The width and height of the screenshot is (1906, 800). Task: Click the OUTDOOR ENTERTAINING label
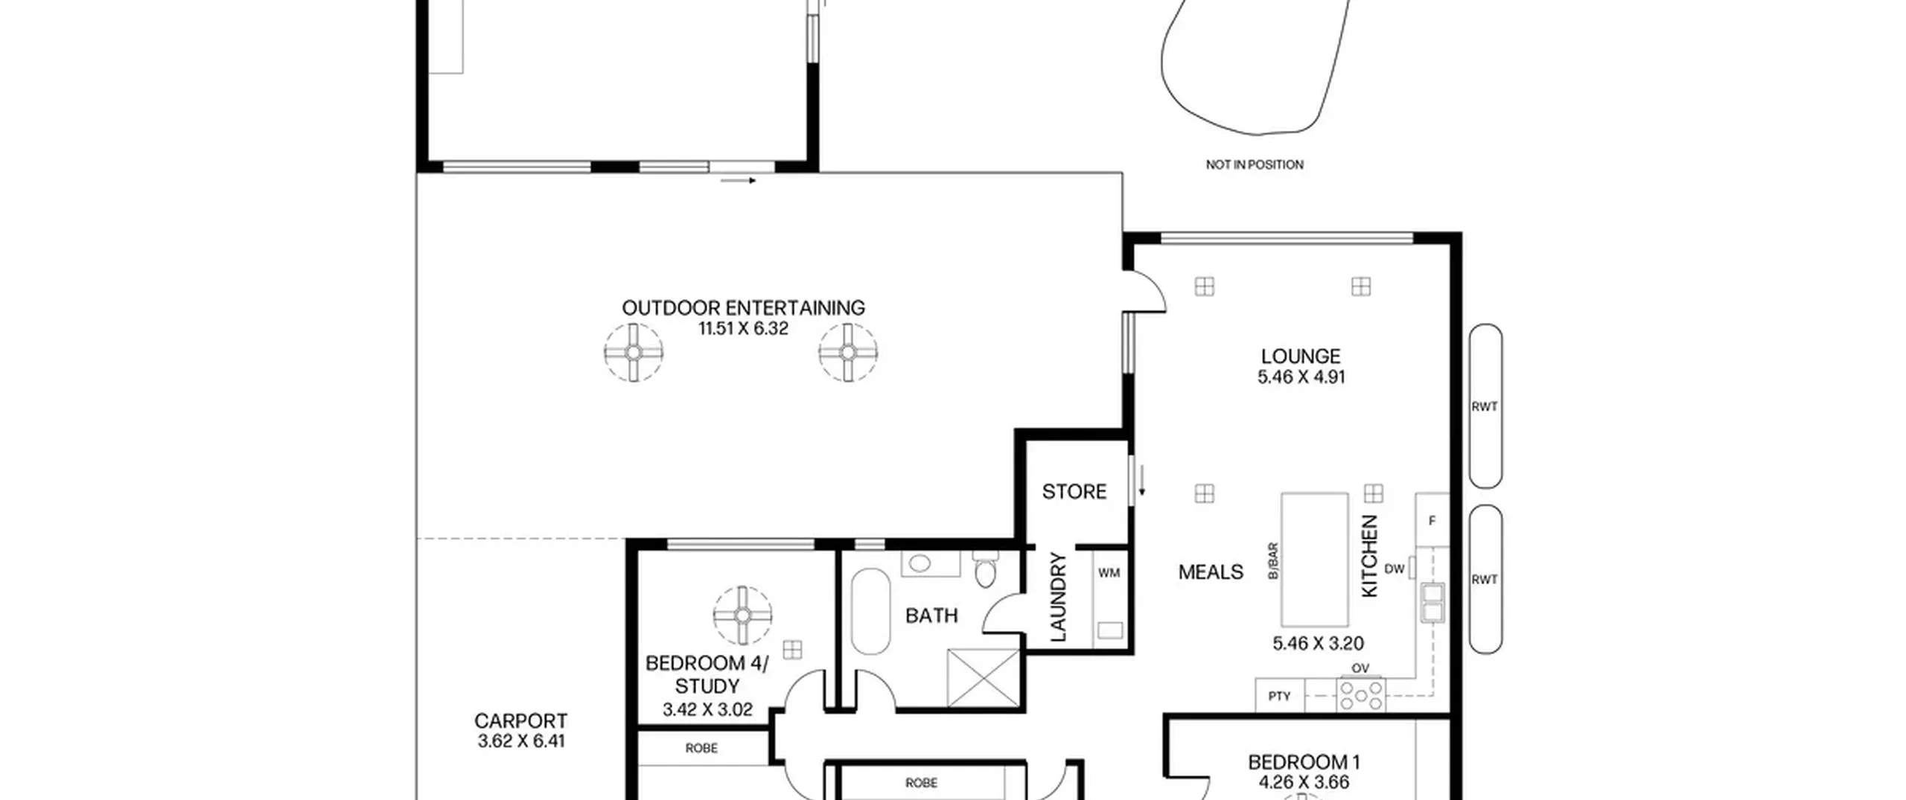[743, 307]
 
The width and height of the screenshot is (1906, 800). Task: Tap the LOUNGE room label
[1301, 356]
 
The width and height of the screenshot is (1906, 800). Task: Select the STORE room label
[1074, 491]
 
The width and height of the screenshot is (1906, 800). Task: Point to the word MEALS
[1211, 572]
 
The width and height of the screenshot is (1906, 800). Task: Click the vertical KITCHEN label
[1370, 556]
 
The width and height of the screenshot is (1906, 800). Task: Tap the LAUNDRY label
[1058, 597]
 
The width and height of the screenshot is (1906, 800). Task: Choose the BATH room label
[931, 615]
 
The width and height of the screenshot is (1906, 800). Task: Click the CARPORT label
[520, 720]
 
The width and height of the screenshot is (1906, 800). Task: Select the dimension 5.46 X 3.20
[1318, 643]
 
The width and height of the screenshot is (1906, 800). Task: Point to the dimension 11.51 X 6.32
[743, 329]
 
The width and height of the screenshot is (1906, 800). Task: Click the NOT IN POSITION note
[1255, 164]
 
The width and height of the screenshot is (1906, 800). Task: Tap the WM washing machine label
[1109, 573]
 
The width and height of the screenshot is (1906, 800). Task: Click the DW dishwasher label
[1395, 569]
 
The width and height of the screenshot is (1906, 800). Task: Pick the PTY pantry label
[1279, 697]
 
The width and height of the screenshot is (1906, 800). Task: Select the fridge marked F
[1432, 520]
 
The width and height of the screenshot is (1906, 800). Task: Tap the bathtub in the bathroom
[870, 612]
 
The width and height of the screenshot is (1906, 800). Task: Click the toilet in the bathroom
[986, 569]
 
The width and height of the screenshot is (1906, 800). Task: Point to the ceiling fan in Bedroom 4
[742, 615]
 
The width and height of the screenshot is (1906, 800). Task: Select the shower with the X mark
[983, 678]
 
